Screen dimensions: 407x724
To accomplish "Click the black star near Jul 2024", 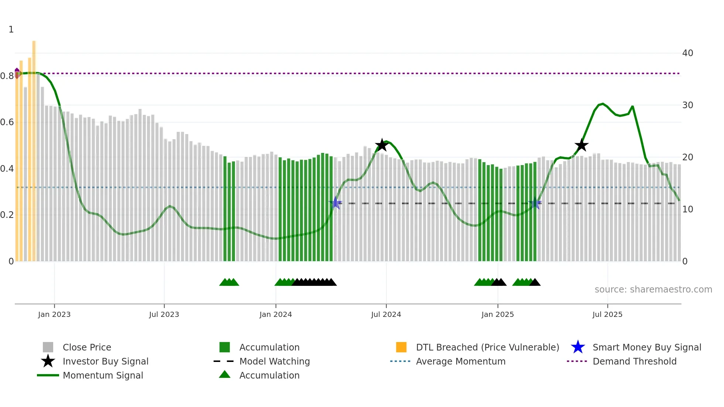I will (382, 145).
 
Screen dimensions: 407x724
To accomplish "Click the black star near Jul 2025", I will (581, 145).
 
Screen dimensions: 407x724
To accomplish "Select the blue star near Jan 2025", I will (535, 203).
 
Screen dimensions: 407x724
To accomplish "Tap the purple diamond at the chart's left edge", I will (17, 73).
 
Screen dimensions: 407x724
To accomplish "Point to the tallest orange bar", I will (34, 148).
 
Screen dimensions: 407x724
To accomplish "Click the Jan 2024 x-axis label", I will (276, 314).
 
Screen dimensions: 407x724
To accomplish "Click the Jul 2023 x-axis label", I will (164, 314).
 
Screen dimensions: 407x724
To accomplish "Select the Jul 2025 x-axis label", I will (607, 314).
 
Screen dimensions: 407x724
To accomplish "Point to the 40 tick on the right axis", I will (687, 53).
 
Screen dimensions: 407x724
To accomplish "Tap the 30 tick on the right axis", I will (687, 105).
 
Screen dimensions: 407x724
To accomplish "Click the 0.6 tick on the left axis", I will (7, 122).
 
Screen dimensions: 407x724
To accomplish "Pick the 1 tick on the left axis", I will (11, 30).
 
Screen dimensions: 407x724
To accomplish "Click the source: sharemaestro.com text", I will (653, 290).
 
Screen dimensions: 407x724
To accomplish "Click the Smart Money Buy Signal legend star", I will (578, 347).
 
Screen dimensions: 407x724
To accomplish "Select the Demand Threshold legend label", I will (634, 361).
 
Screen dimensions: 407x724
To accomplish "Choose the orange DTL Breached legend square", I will (401, 347).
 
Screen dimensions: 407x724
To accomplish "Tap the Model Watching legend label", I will (274, 361).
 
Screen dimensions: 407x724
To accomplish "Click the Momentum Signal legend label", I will (103, 375).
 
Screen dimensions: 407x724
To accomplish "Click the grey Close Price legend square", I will (48, 347).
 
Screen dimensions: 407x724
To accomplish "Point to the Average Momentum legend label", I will (461, 361).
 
